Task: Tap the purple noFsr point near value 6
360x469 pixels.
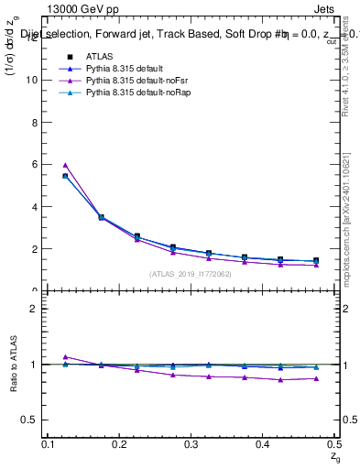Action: click(65, 165)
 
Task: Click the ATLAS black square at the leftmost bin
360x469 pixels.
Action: click(65, 176)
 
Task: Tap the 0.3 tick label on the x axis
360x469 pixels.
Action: click(191, 444)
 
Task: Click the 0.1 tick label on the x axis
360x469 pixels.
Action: click(49, 444)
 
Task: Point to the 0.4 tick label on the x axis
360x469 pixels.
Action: click(263, 444)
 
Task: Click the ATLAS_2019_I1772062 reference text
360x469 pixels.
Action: click(191, 273)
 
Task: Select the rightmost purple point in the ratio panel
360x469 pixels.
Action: click(316, 378)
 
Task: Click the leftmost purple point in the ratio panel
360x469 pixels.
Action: click(65, 356)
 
